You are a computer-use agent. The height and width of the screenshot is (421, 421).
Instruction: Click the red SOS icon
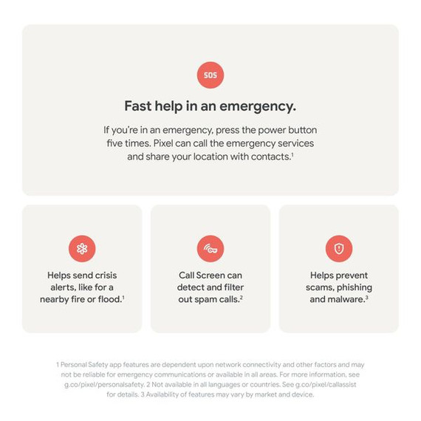210,75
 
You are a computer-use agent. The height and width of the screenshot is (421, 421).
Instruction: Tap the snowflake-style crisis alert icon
82,249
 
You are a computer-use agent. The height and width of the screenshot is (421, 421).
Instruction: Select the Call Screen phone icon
210,249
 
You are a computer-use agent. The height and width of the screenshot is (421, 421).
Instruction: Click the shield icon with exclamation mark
339,249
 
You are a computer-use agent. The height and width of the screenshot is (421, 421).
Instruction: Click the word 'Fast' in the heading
138,106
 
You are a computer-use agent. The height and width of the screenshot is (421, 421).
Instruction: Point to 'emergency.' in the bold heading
258,106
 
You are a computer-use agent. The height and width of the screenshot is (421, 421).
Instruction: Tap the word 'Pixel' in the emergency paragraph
163,143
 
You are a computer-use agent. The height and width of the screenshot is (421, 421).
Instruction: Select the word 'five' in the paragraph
114,143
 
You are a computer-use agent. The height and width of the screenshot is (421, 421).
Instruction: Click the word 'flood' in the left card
109,299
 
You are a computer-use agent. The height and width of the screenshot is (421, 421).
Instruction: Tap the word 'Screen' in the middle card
210,275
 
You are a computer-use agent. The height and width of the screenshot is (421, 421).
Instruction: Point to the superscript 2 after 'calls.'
242,297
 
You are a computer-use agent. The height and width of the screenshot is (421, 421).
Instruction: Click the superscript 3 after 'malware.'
366,297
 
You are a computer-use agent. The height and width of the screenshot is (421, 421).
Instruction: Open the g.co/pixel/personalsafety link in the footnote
104,385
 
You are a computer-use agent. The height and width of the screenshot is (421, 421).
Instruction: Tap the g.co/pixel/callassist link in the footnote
326,385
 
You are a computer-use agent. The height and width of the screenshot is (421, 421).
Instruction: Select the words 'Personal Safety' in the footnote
78,365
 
